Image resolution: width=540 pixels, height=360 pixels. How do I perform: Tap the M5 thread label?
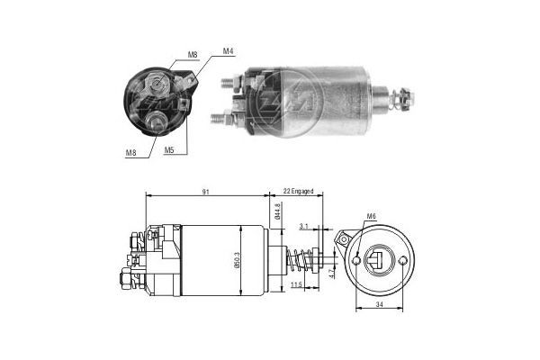click(169, 150)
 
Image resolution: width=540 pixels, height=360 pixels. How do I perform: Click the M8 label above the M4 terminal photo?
click(193, 56)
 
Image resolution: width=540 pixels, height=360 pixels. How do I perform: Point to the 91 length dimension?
click(207, 191)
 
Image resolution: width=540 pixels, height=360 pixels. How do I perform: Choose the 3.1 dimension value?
click(304, 227)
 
